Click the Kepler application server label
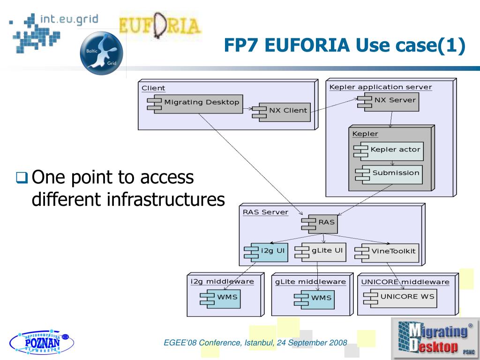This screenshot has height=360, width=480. [x=380, y=87]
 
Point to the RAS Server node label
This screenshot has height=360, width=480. [x=265, y=212]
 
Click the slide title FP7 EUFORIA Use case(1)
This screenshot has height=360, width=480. [x=344, y=45]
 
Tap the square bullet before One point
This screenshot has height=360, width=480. [x=22, y=178]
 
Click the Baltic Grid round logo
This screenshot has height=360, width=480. [x=101, y=53]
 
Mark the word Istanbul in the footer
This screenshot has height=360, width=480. [x=259, y=343]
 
